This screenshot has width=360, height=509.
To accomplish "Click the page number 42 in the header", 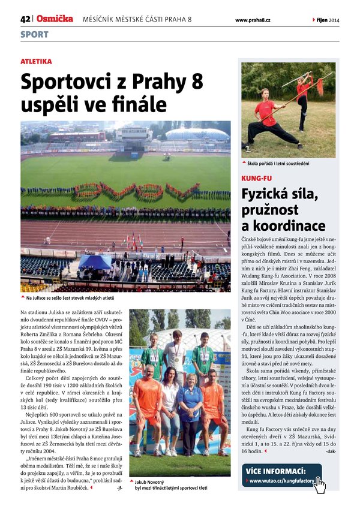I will [25, 19].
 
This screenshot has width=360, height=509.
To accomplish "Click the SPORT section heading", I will [34, 35].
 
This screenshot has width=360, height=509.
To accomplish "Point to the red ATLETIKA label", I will [36, 61].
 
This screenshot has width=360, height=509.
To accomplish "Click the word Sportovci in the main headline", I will [68, 82].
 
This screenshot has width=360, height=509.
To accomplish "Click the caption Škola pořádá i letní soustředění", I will [278, 163].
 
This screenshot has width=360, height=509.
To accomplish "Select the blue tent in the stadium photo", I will [94, 262].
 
